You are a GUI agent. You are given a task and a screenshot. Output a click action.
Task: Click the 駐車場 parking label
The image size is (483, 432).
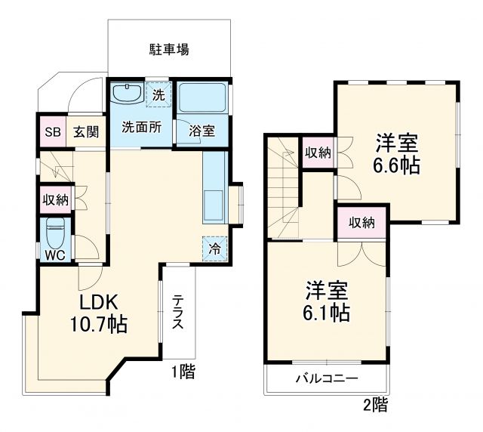168,51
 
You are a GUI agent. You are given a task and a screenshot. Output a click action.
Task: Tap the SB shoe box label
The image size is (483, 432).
52,131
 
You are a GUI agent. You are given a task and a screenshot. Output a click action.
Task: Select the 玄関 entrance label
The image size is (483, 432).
85,131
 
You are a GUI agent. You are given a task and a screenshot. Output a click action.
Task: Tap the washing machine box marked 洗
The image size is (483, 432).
158,95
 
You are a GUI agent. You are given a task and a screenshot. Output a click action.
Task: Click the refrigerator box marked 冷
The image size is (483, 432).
214,247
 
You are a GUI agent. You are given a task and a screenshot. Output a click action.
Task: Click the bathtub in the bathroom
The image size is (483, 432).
202,96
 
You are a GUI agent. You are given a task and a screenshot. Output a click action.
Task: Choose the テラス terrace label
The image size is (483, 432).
178,311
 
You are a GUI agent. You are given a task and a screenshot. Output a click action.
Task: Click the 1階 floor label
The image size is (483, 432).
182,371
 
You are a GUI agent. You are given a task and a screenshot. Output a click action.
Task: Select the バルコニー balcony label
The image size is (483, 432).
326,379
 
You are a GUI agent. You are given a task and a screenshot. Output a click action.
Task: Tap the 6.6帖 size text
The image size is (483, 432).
398,165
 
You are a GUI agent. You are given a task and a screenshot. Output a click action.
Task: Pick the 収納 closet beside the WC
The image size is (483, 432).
55,200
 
